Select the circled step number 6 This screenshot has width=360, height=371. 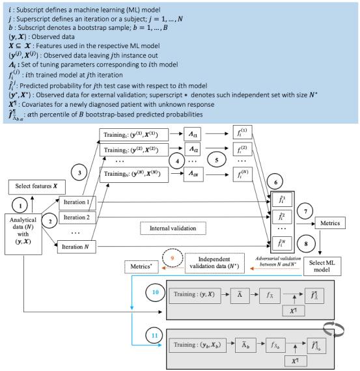281,169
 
